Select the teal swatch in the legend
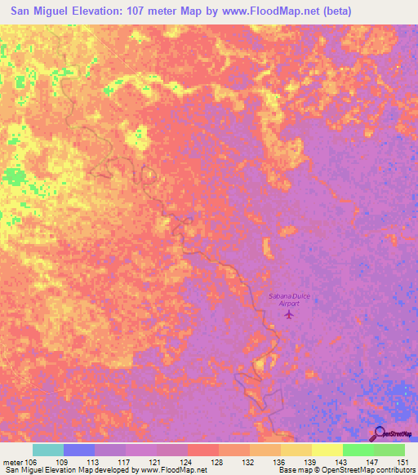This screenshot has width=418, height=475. [48, 450]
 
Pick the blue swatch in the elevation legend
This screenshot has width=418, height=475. [79, 450]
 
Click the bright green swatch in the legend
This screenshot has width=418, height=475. [358, 450]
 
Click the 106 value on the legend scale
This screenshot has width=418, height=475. [32, 461]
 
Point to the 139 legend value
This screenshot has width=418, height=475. [312, 461]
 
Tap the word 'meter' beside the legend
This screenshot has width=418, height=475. [12, 461]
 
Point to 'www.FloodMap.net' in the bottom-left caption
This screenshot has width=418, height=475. [172, 470]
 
